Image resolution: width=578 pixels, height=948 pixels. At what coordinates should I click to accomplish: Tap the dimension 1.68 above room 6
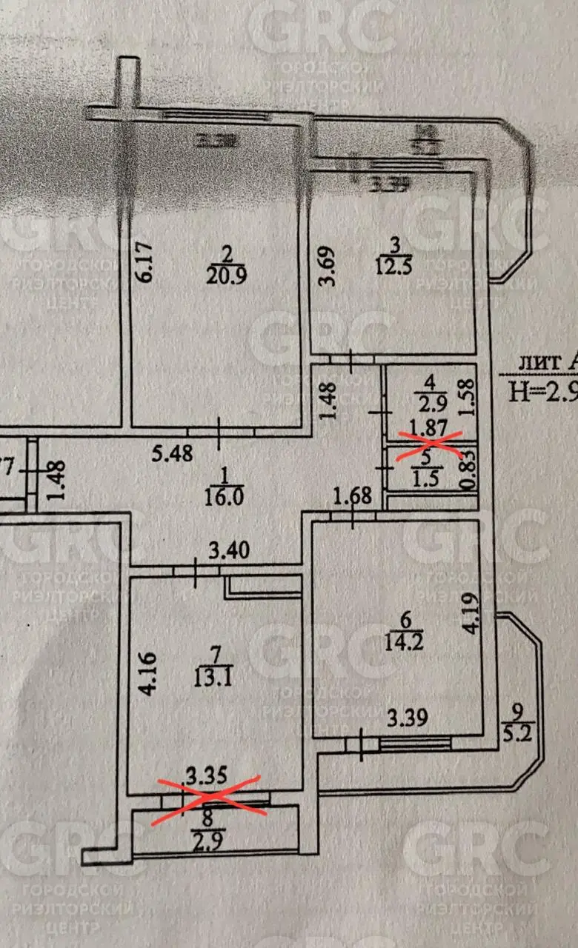point(353,495)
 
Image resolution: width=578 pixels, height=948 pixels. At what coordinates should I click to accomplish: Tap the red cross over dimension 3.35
point(207,796)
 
